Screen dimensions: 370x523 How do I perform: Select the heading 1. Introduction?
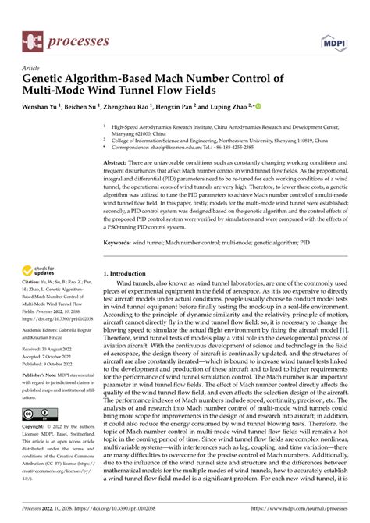coord(130,274)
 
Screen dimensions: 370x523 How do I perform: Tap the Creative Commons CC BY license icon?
coord(37,413)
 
